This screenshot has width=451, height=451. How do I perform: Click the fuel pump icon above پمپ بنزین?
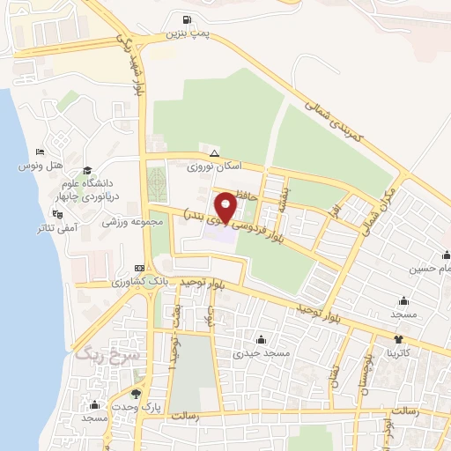(x=185, y=21)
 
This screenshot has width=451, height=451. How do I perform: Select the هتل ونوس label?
(x=41, y=165)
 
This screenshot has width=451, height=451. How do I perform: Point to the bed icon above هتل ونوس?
(x=41, y=152)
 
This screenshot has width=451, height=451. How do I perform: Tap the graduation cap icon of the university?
(x=86, y=171)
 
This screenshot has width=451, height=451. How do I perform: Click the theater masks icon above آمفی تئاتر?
(x=58, y=213)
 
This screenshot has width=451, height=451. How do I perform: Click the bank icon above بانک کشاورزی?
(x=139, y=268)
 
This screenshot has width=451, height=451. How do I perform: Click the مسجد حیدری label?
(x=260, y=353)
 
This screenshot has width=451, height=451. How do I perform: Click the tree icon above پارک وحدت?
(x=135, y=394)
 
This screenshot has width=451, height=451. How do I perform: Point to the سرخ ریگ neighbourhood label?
(x=95, y=356)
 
